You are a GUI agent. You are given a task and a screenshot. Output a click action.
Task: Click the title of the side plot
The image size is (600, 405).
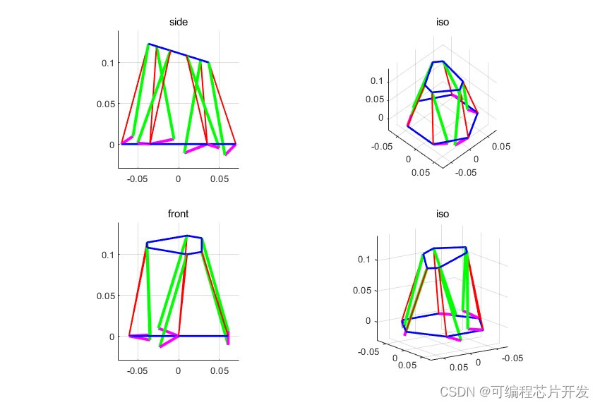[178, 22]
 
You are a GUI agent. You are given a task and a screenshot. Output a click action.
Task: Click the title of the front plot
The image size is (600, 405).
[178, 214]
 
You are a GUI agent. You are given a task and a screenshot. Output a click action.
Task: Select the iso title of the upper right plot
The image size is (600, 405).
[443, 22]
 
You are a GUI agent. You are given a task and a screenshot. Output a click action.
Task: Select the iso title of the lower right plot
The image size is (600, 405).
[443, 214]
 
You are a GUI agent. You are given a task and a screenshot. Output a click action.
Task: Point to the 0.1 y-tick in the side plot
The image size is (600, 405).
[107, 63]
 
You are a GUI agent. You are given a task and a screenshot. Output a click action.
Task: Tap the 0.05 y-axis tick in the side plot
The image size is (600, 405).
[104, 104]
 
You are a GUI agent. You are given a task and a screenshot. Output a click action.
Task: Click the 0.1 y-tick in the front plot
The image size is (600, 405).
[107, 254]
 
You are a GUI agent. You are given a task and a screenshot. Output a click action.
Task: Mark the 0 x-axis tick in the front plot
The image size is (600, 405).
[178, 371]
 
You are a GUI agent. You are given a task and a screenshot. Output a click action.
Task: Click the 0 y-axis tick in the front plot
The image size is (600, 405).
[111, 337]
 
